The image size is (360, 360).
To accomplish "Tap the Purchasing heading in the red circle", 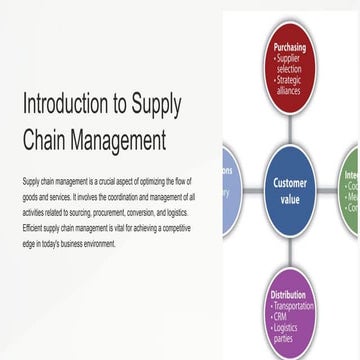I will coord(289,46).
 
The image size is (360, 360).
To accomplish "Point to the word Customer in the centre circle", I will coord(291,182).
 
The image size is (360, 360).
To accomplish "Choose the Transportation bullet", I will coord(294,306).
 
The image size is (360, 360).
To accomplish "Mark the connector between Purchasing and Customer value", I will coord(290,129).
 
